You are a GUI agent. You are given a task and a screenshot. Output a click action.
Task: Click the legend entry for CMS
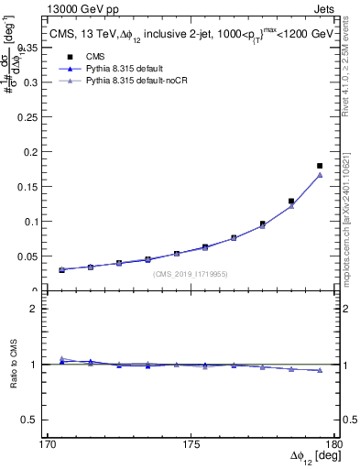point(94,57)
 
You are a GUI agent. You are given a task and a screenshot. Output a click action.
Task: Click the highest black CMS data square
point(320,166)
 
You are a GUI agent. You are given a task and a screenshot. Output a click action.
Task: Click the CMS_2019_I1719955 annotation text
point(189,274)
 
